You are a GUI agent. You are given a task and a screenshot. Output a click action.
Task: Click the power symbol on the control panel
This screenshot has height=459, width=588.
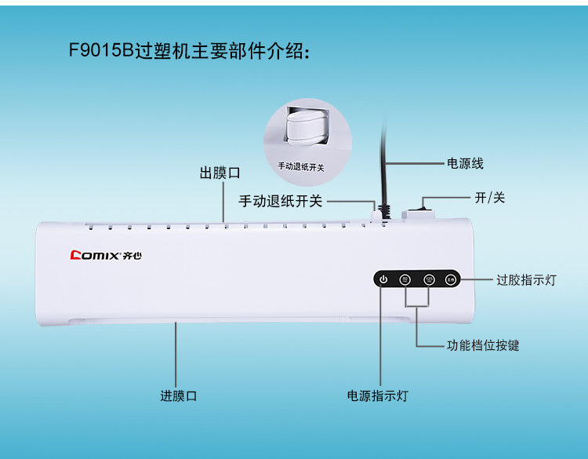383,279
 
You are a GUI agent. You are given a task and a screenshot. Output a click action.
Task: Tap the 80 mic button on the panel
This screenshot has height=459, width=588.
405,279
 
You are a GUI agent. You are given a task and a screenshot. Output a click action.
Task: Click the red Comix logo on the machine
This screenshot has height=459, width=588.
93,255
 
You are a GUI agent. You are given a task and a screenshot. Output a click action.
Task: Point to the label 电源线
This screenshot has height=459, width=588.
465,164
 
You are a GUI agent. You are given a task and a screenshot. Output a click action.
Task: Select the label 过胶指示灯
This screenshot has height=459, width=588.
526,280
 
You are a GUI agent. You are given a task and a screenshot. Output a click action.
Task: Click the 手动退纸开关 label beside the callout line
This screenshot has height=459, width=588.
281,202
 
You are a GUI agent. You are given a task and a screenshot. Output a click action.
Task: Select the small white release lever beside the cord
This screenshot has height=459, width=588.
376,209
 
